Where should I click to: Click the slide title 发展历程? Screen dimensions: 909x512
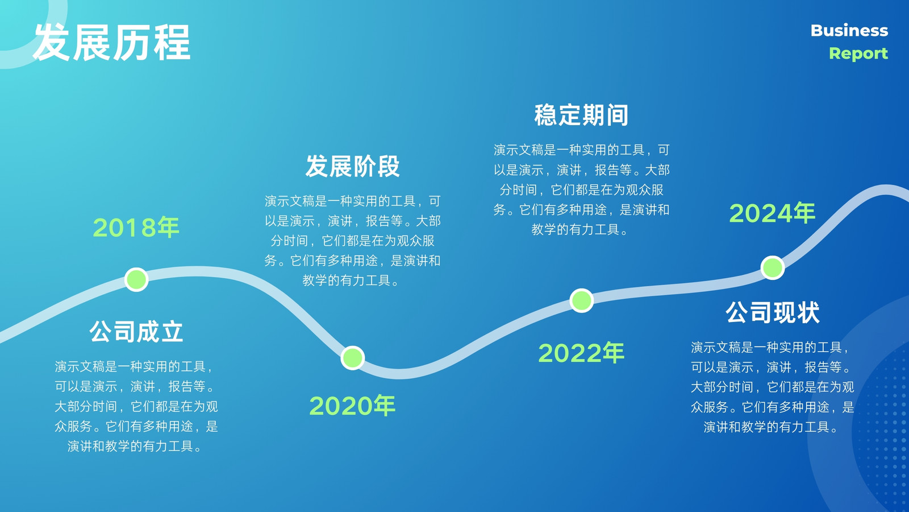[111, 42]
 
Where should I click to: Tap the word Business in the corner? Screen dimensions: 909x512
[849, 31]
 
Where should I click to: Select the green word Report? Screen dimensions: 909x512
[858, 53]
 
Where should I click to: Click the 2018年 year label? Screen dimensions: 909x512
[136, 227]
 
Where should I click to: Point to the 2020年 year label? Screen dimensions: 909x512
[352, 406]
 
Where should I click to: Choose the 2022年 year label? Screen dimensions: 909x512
[581, 353]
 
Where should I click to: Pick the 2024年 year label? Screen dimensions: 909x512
[772, 213]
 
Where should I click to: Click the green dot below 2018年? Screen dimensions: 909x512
[136, 279]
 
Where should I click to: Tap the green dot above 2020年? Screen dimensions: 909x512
[352, 358]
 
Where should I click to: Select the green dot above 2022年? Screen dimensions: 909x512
[582, 301]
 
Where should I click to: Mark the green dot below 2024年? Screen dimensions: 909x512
[772, 268]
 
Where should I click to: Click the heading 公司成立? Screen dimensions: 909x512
[136, 332]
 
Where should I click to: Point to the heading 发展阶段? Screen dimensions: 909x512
[352, 166]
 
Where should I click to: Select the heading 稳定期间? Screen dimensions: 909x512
[581, 115]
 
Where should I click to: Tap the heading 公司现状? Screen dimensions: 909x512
[773, 312]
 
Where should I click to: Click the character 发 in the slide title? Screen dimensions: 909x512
[52, 42]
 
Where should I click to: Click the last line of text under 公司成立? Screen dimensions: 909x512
[136, 446]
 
